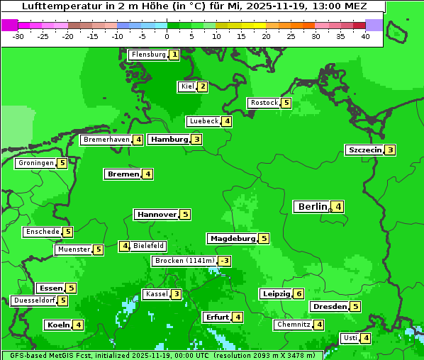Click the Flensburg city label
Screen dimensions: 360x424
coord(148,55)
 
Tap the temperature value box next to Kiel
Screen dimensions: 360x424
coord(203,86)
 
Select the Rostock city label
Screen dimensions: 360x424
coord(264,103)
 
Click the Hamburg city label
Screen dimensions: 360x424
coord(169,140)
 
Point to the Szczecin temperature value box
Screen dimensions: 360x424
coord(390,150)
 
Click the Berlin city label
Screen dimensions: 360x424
coord(312,207)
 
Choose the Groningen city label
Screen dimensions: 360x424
coord(36,163)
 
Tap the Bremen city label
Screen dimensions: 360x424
coord(123,174)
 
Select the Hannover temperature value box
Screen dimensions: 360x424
coord(185,214)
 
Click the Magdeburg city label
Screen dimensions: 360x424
coord(232,239)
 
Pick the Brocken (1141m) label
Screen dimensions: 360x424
coord(184,261)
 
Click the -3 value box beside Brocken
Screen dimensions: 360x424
coord(225,261)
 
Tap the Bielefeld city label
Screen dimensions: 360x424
coord(148,246)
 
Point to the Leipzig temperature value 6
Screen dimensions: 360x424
coord(299,294)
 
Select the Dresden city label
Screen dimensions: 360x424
coord(329,307)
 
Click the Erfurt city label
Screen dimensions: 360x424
coord(216,317)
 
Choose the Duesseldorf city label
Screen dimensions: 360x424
coord(34,300)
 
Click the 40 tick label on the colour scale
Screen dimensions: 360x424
coord(365,36)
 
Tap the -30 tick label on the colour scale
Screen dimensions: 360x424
coord(18,36)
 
